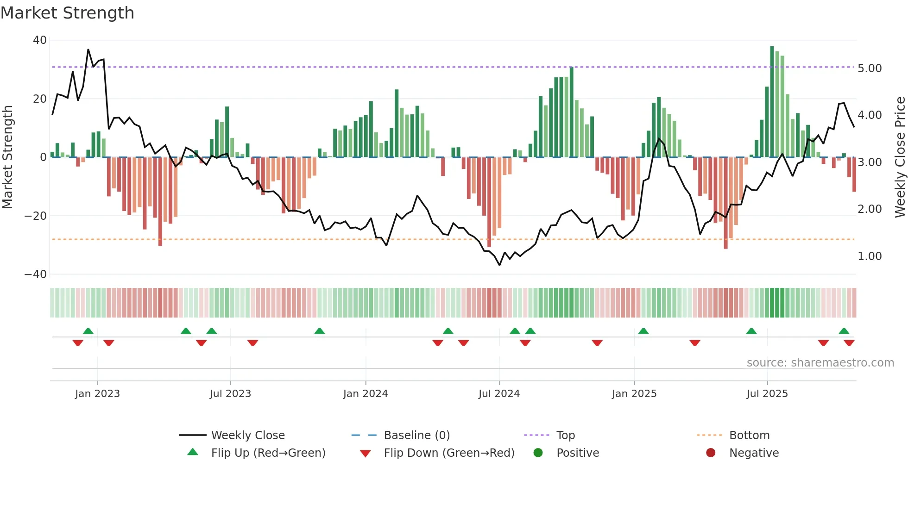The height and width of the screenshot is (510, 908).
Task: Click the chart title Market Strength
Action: pyautogui.click(x=67, y=13)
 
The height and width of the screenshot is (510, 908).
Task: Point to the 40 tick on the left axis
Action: pyautogui.click(x=40, y=40)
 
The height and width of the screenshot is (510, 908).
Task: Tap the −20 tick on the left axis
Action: pyautogui.click(x=36, y=216)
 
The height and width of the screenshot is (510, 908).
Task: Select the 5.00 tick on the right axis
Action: pyautogui.click(x=870, y=68)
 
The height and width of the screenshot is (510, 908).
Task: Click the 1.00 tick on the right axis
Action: pyautogui.click(x=870, y=256)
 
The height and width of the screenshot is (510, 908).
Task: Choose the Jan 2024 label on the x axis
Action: pyautogui.click(x=366, y=394)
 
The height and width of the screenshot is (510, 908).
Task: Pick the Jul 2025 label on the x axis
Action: pyautogui.click(x=767, y=394)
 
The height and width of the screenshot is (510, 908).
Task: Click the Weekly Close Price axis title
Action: pyautogui.click(x=900, y=157)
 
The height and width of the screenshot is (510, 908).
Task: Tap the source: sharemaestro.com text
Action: pyautogui.click(x=820, y=363)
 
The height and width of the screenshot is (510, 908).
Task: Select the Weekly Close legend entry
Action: pyautogui.click(x=248, y=435)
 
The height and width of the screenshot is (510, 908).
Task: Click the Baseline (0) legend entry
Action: pyautogui.click(x=416, y=435)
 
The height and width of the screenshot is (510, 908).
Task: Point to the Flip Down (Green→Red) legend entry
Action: pyautogui.click(x=449, y=453)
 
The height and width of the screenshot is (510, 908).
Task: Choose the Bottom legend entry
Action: pyautogui.click(x=749, y=435)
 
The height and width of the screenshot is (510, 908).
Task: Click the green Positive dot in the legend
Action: pyautogui.click(x=538, y=453)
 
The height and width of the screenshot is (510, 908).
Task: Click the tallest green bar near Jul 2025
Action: pyautogui.click(x=772, y=102)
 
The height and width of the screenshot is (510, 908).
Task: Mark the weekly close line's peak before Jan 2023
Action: pyautogui.click(x=88, y=50)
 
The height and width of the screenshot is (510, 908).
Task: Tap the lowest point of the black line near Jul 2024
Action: pyautogui.click(x=499, y=265)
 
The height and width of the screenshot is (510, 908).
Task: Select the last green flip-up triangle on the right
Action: pyautogui.click(x=844, y=331)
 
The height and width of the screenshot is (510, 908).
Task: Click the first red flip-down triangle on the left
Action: pyautogui.click(x=78, y=343)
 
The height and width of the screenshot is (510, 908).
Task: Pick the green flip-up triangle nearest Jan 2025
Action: pyautogui.click(x=643, y=331)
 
